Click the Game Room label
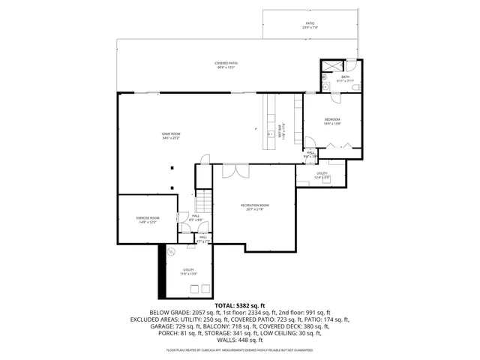pos(171,133)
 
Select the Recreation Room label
pos(255,205)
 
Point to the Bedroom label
pos(332,119)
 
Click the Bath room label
pos(345,76)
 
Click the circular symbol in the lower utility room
pos(171,251)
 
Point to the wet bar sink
pos(270,136)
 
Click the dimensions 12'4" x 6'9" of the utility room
pos(322,177)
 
